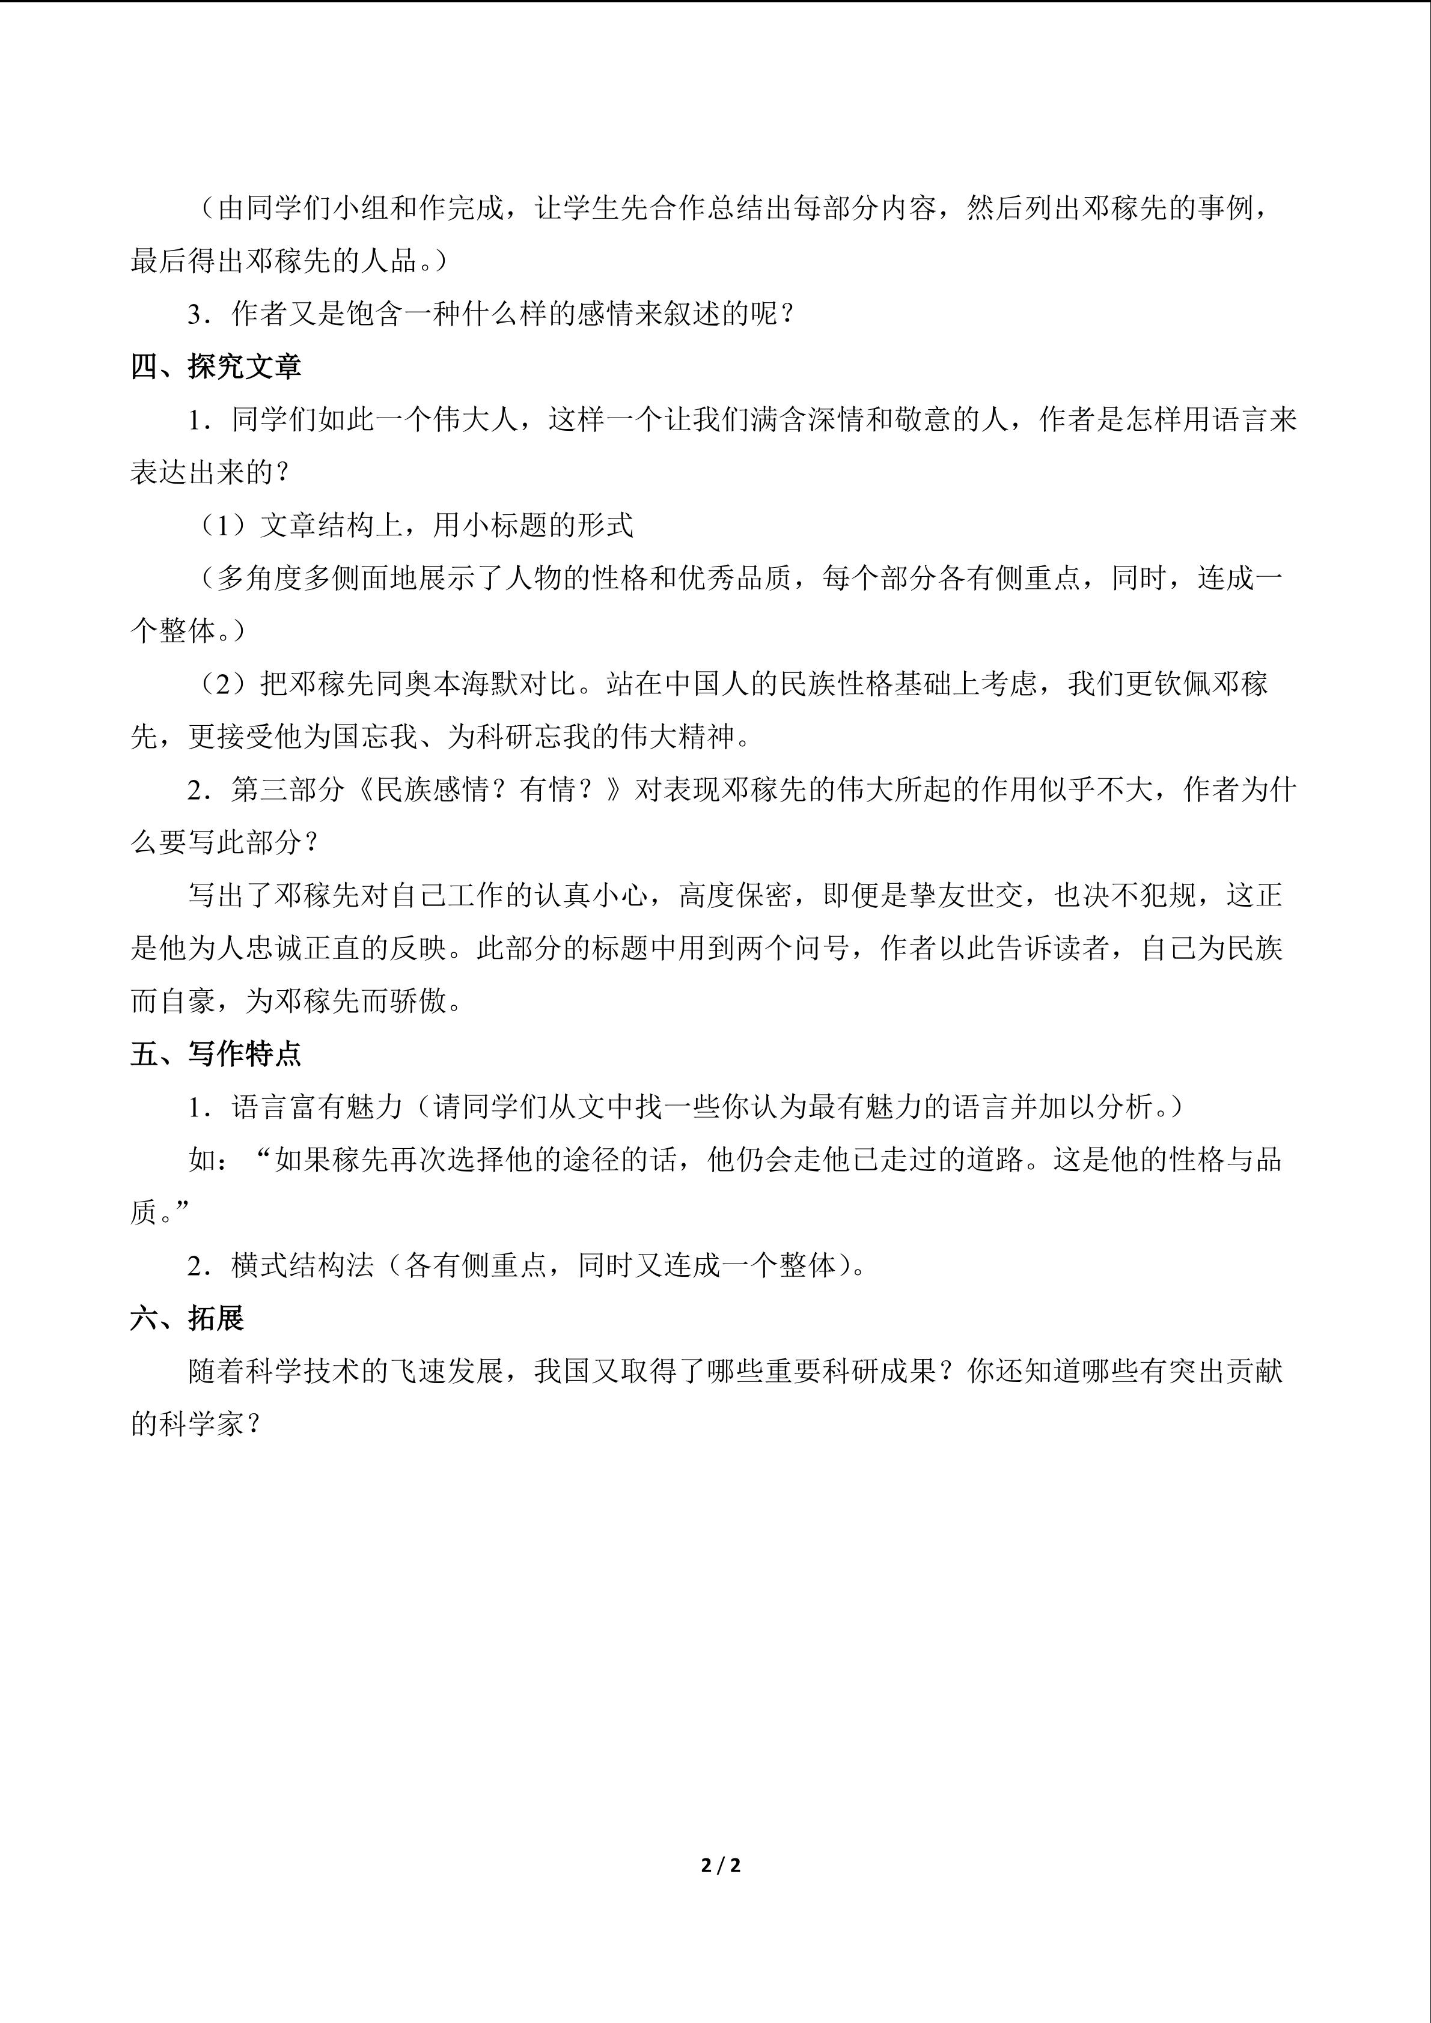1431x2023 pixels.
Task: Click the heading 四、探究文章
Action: click(x=216, y=367)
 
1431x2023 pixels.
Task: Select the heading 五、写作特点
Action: click(x=216, y=1054)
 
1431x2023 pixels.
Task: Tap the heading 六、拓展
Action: click(x=187, y=1318)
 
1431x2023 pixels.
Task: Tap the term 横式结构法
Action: click(x=302, y=1265)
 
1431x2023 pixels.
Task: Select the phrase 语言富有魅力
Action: click(x=316, y=1107)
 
